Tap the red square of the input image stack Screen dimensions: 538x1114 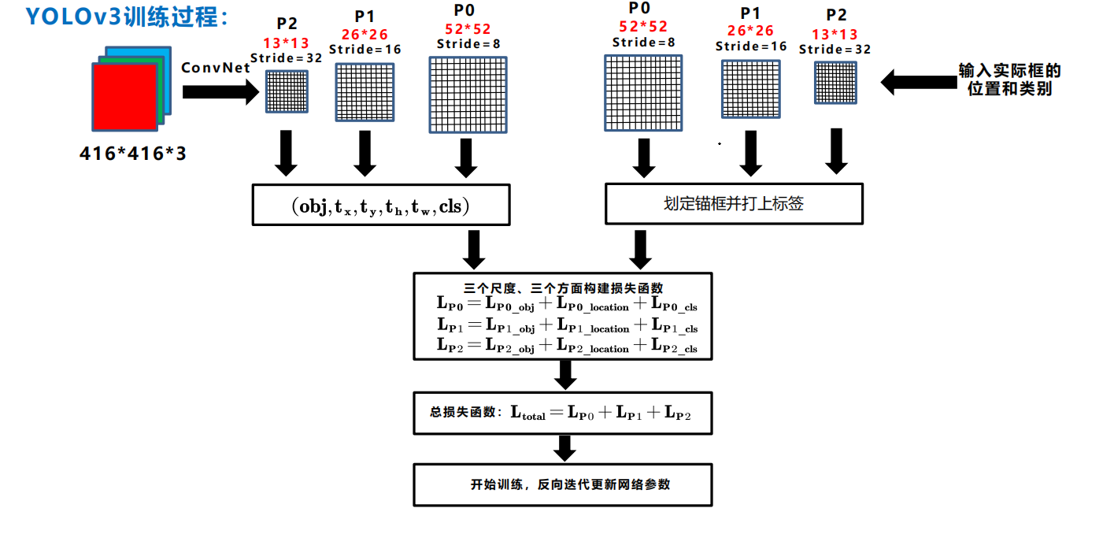[x=124, y=96]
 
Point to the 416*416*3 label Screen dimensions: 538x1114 [x=133, y=154]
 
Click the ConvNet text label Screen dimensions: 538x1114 [x=215, y=68]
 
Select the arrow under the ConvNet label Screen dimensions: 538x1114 [x=220, y=92]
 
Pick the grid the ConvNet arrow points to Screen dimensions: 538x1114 [x=287, y=92]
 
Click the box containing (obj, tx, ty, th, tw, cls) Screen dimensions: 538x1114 [x=379, y=205]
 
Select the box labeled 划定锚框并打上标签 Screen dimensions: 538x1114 [x=733, y=204]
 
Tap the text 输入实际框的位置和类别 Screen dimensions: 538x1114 [x=1009, y=80]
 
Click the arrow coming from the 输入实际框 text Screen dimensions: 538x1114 [x=917, y=81]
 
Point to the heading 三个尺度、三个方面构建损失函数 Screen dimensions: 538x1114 [x=563, y=288]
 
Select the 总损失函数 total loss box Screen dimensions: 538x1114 [x=562, y=413]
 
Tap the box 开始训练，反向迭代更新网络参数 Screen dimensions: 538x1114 [x=562, y=484]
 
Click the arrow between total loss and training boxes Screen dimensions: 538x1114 [x=564, y=448]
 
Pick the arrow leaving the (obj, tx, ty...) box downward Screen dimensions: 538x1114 [x=474, y=249]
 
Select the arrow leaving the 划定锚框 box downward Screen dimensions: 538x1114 [x=641, y=249]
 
